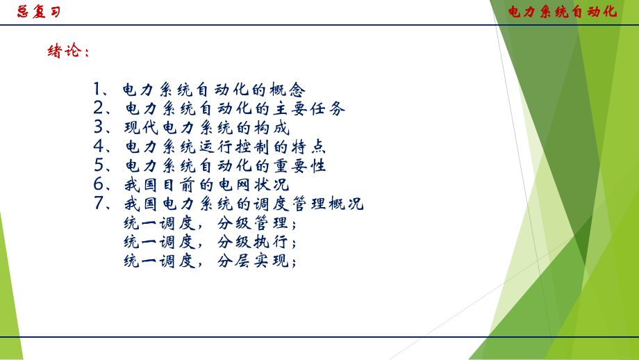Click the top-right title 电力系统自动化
tap(563, 12)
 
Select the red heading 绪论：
tap(68, 51)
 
